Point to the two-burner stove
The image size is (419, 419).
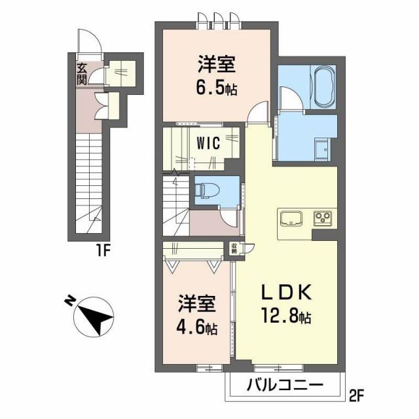click(x=323, y=217)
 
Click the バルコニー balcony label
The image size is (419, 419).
click(x=284, y=385)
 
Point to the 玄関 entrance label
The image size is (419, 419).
click(x=81, y=73)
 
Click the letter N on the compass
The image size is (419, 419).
click(x=69, y=301)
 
